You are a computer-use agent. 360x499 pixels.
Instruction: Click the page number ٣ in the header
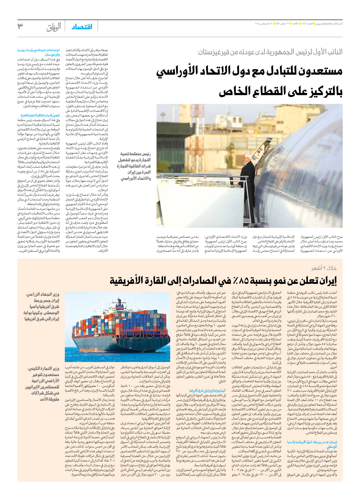tap(20, 26)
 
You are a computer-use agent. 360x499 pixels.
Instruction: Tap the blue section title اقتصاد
tap(82, 27)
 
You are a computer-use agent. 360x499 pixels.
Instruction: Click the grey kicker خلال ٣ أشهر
tap(324, 268)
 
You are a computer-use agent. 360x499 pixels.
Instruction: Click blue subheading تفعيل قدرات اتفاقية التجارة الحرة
tap(40, 115)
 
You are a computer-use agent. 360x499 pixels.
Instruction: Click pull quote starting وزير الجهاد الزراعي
tap(42, 306)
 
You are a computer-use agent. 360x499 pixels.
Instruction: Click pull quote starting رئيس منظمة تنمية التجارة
tap(134, 166)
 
